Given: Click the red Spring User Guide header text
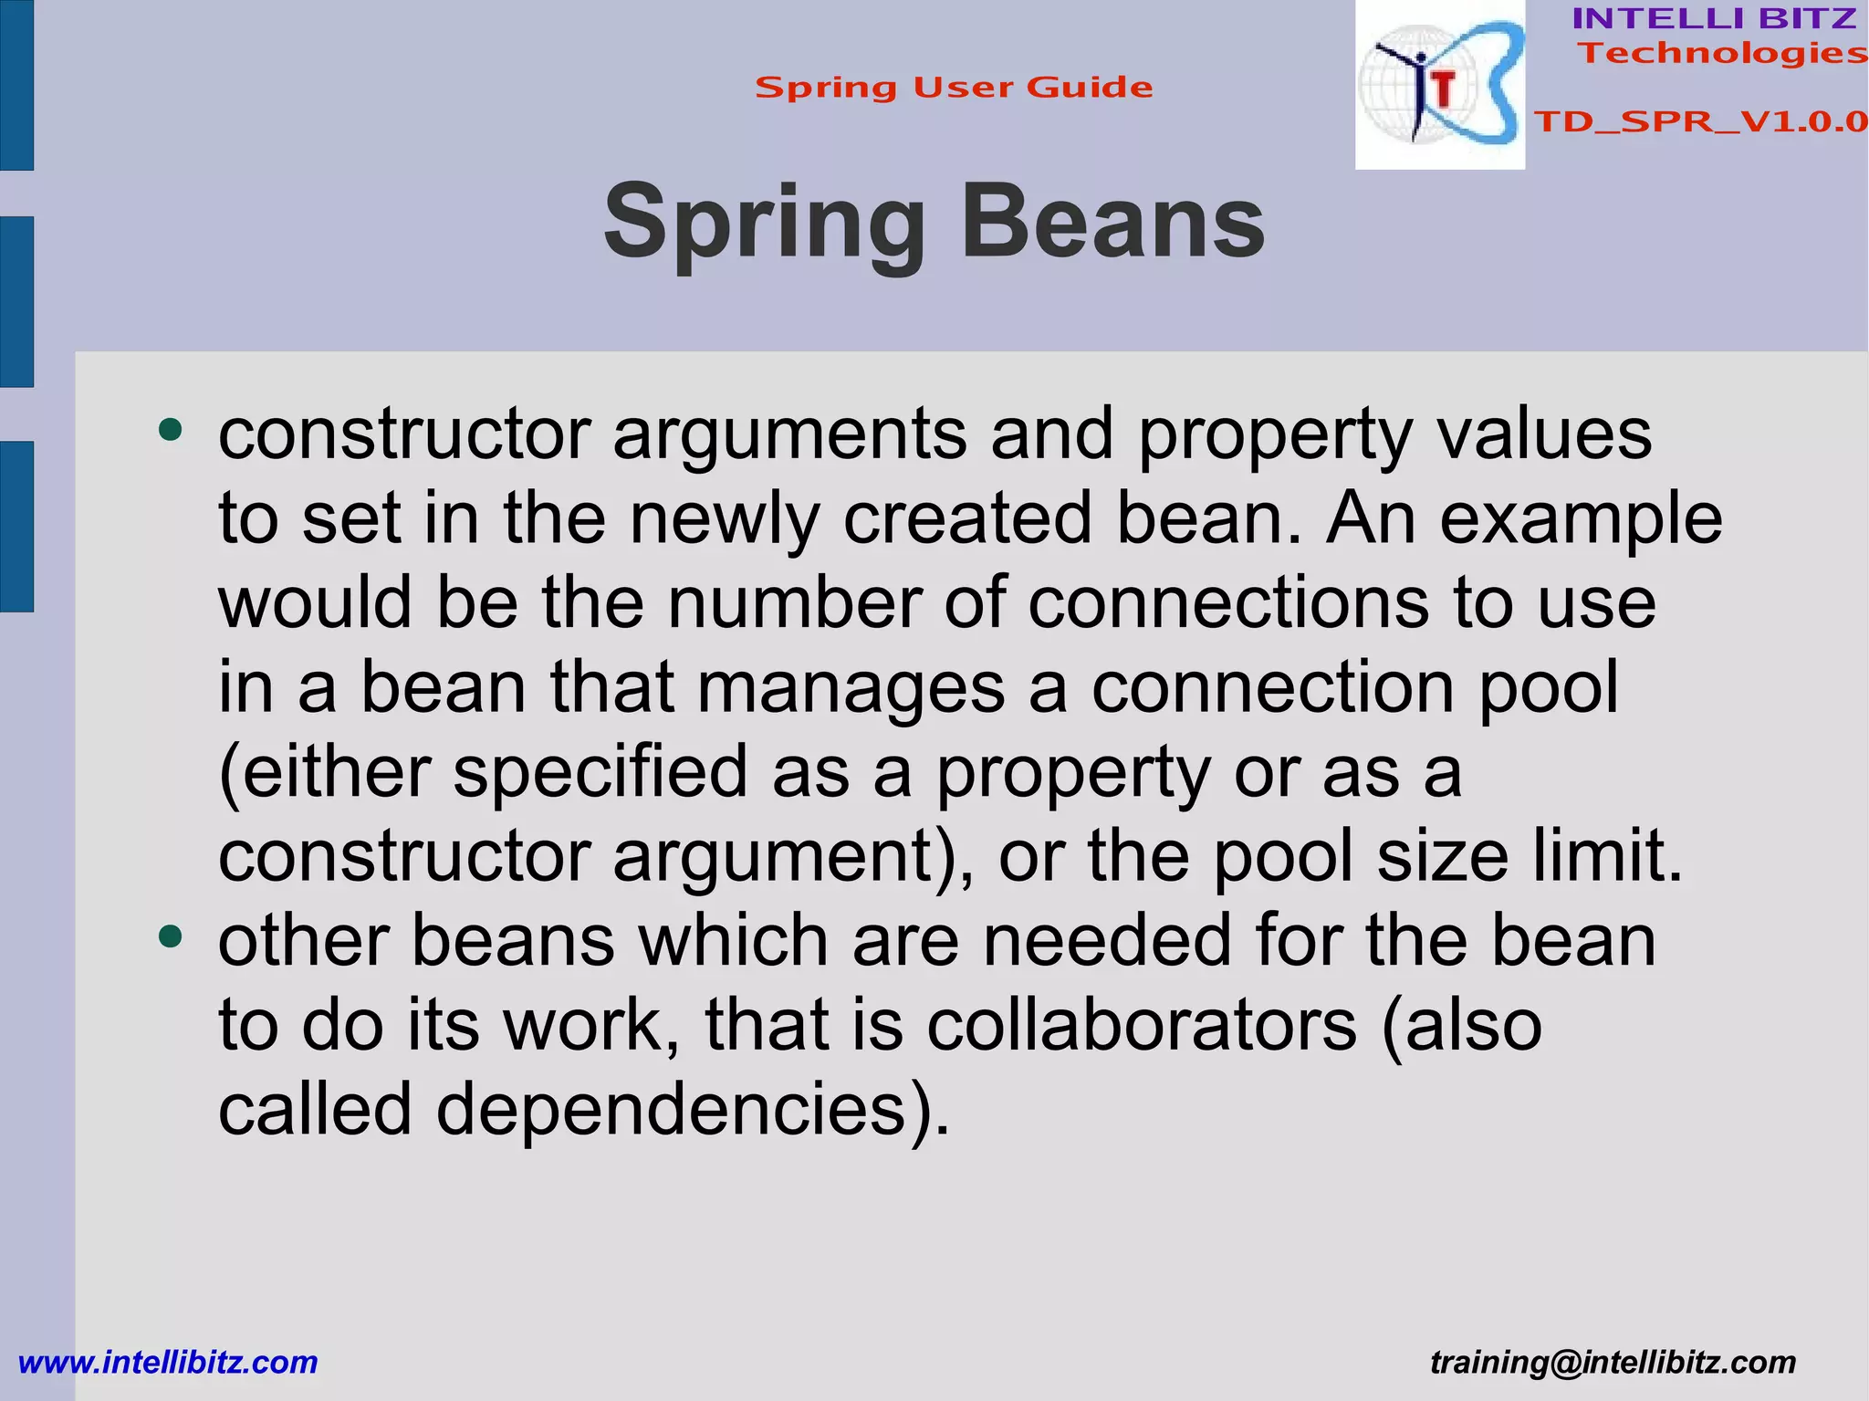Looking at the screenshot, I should [x=954, y=88].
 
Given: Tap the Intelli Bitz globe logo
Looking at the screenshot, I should [x=1439, y=84].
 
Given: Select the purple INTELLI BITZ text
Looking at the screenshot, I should [x=1714, y=18].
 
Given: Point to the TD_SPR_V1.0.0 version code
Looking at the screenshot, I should [x=1700, y=121].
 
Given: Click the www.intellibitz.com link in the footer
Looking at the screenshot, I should [x=168, y=1362].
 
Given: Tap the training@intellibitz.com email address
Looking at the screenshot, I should [x=1613, y=1362].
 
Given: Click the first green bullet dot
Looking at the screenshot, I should [x=171, y=429].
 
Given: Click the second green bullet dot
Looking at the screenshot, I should [x=171, y=936].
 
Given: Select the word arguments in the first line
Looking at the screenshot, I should [x=789, y=435].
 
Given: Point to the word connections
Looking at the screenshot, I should [x=1228, y=604].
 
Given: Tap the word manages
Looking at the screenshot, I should [x=851, y=688].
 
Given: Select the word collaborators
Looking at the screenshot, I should [x=1142, y=1026].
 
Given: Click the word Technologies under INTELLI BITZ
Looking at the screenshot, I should [x=1722, y=53].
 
